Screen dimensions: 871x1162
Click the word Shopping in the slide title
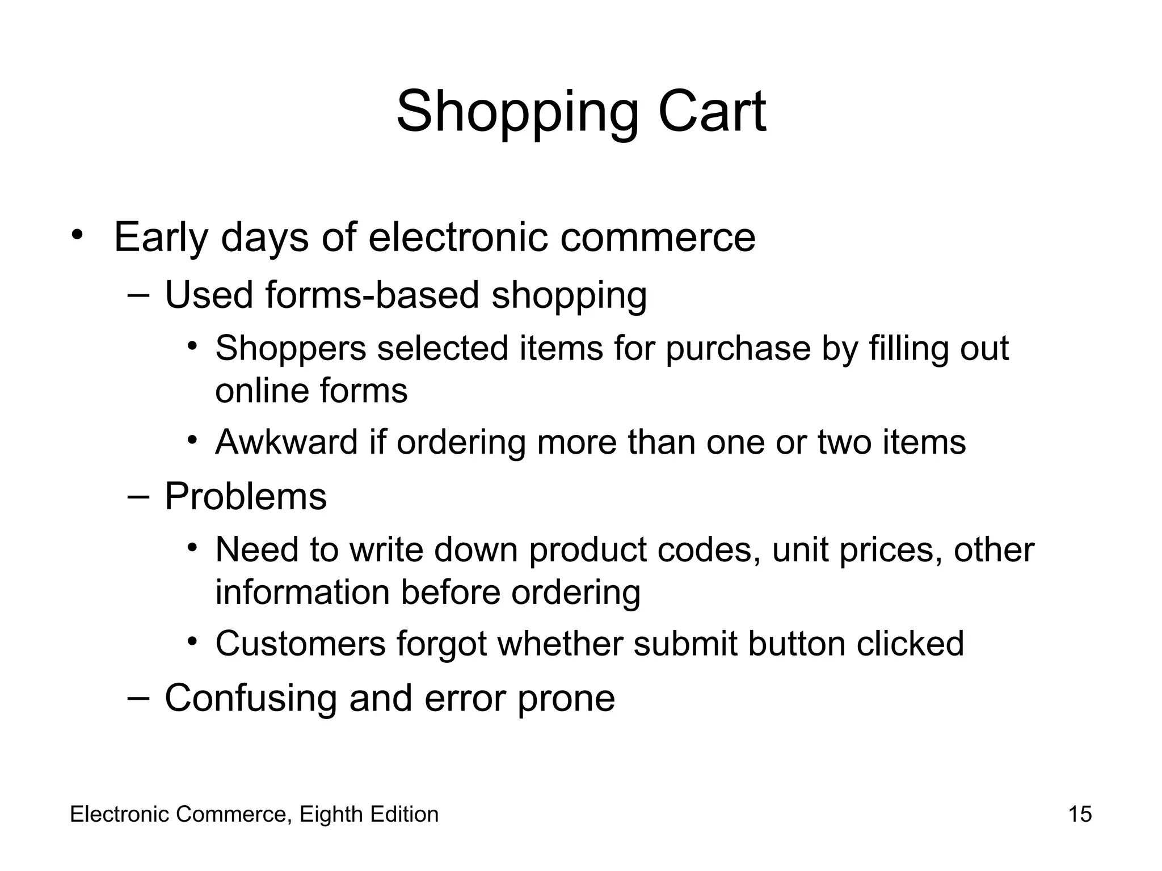517,113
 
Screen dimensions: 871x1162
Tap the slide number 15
1080,814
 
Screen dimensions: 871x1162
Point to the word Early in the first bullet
161,238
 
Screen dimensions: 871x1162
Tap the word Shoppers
290,348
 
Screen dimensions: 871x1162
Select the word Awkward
287,442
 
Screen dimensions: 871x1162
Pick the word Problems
246,496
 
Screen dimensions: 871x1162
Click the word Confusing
251,698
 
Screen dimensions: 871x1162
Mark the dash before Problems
138,496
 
